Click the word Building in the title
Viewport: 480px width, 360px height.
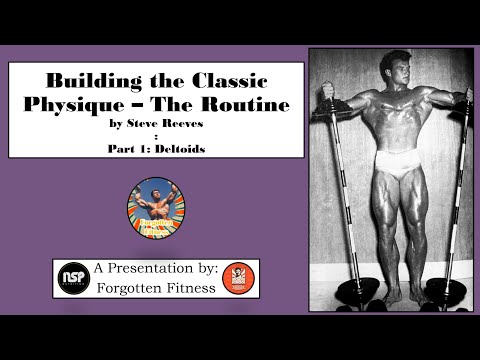[x=83, y=79]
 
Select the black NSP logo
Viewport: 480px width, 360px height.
[x=73, y=277]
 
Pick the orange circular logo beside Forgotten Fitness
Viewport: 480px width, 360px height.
[x=236, y=277]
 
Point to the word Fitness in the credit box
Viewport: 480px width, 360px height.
[x=182, y=287]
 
